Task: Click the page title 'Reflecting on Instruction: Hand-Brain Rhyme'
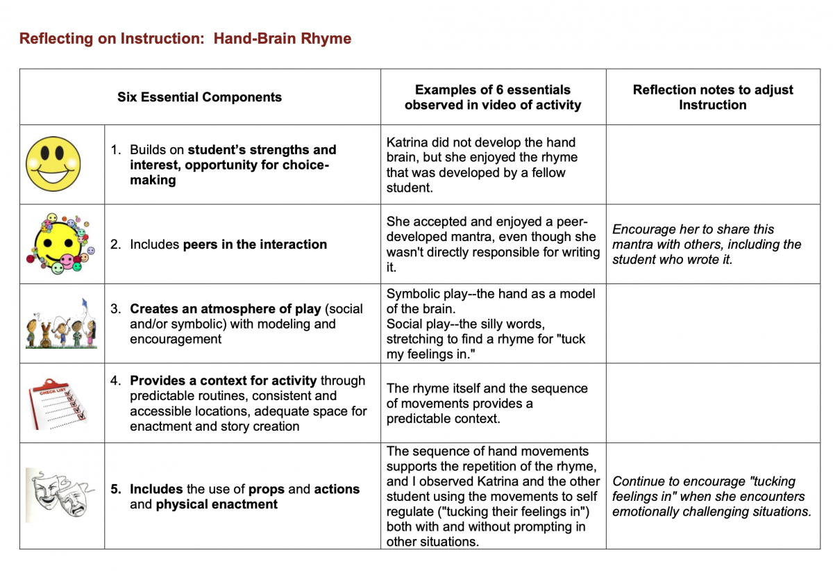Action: [x=185, y=38]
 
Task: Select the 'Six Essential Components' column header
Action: [x=199, y=97]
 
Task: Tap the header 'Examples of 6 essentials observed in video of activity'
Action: [x=493, y=97]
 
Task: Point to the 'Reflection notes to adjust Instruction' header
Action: [x=712, y=97]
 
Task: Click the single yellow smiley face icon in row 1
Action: [x=53, y=165]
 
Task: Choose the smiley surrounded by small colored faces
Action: [x=58, y=244]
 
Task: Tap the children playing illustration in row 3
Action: [x=60, y=324]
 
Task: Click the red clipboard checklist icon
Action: [x=59, y=404]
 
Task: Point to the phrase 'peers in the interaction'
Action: [x=255, y=245]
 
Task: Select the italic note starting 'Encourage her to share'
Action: [x=707, y=244]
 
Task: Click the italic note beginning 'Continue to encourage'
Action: [x=712, y=497]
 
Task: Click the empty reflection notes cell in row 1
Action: [x=712, y=165]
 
